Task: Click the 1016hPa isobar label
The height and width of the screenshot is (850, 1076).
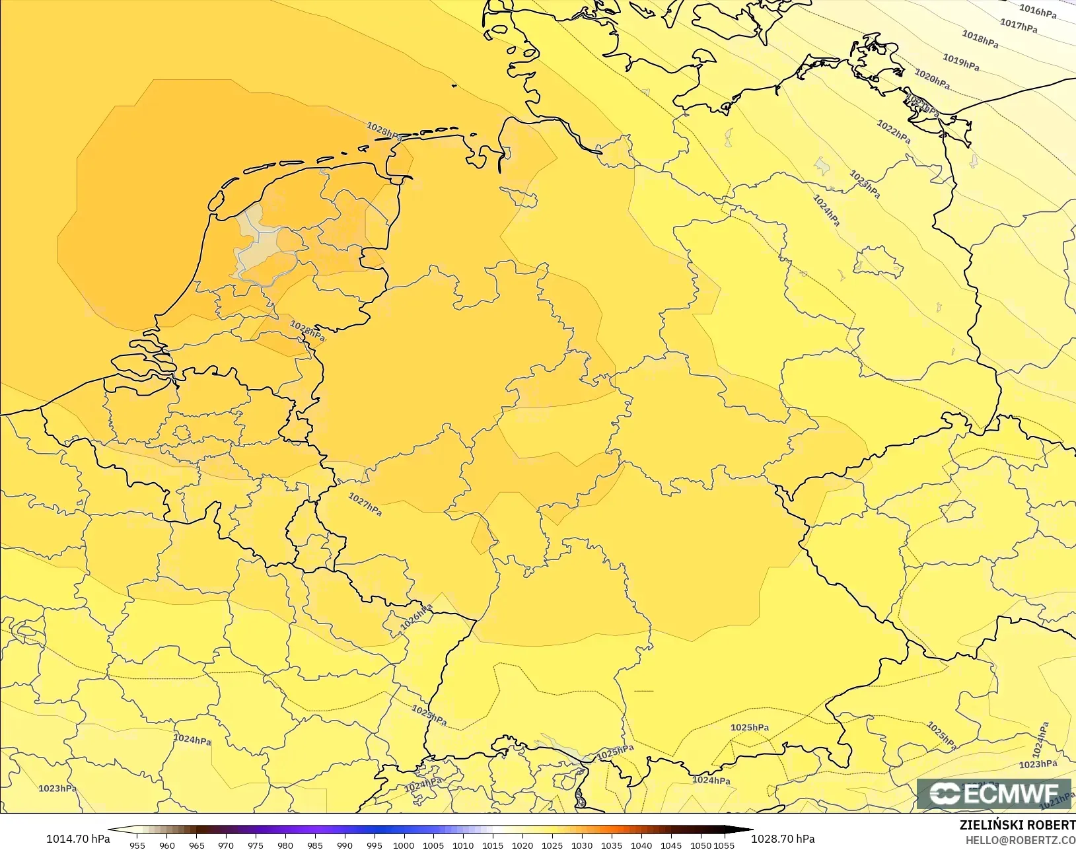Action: (x=1038, y=11)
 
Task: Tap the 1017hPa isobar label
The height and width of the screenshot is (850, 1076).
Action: (x=1018, y=26)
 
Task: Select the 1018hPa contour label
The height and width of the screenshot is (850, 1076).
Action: (x=980, y=40)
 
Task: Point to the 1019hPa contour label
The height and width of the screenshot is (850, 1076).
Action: (x=960, y=63)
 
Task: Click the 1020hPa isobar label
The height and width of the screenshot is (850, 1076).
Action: (x=932, y=79)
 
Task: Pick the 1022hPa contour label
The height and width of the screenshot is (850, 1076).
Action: (x=894, y=131)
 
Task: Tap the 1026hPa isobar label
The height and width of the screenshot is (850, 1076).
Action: (x=416, y=617)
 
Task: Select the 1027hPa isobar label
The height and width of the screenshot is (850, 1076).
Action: (x=365, y=505)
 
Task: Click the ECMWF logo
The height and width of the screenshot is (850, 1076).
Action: (x=995, y=793)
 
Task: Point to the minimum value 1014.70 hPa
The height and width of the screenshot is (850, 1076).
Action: (x=78, y=839)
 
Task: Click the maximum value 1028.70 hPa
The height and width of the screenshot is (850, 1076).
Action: (x=783, y=839)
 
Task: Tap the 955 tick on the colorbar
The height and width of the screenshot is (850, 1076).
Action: (x=137, y=845)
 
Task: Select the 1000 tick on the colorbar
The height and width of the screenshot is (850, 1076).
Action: (x=404, y=845)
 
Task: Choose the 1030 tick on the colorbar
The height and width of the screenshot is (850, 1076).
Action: (x=581, y=845)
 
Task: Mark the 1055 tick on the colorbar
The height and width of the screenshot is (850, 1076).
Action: (x=724, y=845)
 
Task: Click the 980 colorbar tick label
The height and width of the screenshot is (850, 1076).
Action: (x=285, y=845)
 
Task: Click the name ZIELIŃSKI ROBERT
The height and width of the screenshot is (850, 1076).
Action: (x=1017, y=826)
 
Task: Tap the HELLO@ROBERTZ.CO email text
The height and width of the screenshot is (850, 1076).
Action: (x=1021, y=840)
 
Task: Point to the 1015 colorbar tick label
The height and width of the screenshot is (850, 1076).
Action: (x=493, y=845)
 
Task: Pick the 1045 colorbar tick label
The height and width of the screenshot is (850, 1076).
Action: (x=670, y=845)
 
